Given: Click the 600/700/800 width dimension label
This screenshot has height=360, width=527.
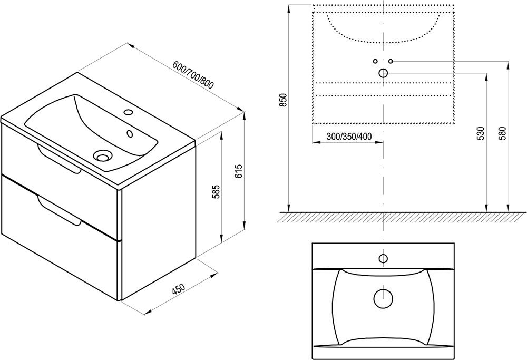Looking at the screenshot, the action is tap(193, 75).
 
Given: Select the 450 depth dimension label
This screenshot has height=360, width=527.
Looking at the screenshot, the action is tap(179, 289).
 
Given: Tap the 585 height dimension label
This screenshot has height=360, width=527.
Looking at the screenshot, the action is tap(217, 192).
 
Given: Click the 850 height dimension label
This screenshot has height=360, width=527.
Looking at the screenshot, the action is tap(285, 100).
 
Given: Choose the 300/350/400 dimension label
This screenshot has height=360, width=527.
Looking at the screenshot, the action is tap(349, 137).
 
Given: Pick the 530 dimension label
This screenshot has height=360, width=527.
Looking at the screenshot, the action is tap(482, 133).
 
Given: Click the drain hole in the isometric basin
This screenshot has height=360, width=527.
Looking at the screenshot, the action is tap(103, 155).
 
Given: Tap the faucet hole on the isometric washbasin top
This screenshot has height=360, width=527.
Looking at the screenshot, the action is tap(128, 112).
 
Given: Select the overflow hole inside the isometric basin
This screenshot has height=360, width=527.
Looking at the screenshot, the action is tap(130, 133).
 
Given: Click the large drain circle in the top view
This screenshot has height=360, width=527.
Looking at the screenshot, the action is tap(383, 298).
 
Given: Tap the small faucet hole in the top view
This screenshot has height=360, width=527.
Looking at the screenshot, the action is tap(383, 258).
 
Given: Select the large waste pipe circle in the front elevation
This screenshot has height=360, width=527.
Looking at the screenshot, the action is tap(383, 73).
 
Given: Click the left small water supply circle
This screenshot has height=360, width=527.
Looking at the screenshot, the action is tap(375, 61).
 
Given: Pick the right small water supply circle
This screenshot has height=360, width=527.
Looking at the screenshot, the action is tap(391, 61).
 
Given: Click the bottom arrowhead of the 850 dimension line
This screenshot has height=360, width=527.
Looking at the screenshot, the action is tap(288, 208).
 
